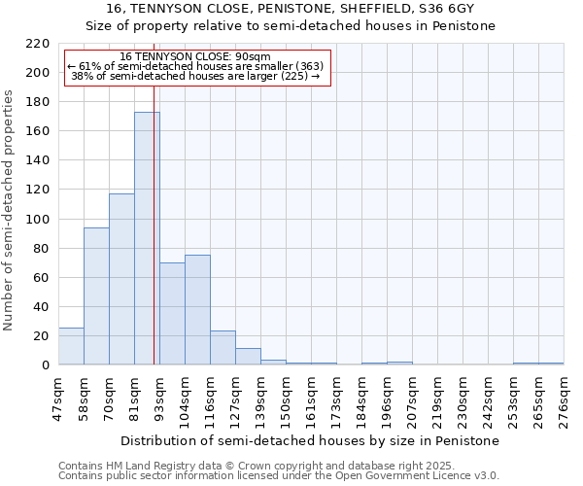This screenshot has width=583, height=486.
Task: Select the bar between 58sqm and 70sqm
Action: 96,296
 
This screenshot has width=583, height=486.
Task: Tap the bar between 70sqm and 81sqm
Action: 121,279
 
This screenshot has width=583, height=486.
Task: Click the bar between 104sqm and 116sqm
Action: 197,310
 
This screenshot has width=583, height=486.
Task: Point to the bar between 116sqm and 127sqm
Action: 223,348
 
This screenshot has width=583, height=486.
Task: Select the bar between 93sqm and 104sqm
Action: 172,314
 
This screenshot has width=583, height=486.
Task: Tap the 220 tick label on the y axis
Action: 38,44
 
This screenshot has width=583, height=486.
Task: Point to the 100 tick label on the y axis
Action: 38,220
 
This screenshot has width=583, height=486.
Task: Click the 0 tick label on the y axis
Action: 45,365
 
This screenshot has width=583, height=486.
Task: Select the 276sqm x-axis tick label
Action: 565,399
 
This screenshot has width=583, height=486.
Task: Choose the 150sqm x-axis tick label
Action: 287,399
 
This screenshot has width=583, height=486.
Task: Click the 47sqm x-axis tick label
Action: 59,399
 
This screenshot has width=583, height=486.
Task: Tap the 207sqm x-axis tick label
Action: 413,399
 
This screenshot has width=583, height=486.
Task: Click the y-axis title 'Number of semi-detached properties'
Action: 10,210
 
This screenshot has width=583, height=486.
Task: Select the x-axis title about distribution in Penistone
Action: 311,440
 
